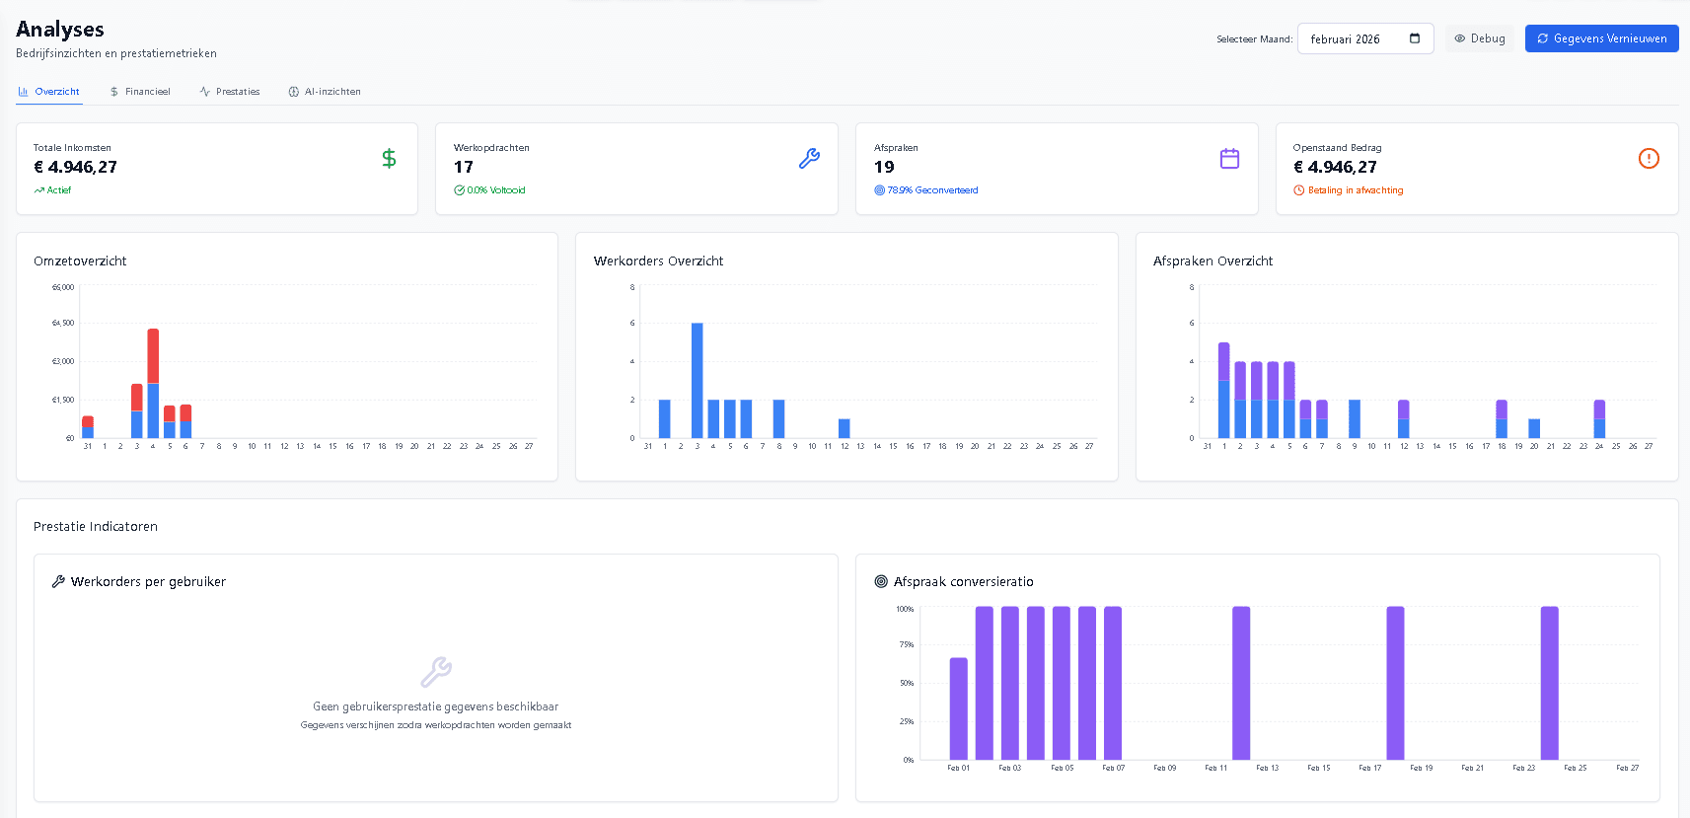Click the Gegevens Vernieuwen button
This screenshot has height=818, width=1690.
point(1601,38)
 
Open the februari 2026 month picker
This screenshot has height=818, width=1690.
point(1364,38)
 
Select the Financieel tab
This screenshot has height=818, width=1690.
point(140,92)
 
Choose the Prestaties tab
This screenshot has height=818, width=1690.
point(230,92)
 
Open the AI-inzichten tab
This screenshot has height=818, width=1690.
point(325,92)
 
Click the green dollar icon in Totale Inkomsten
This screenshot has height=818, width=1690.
point(389,158)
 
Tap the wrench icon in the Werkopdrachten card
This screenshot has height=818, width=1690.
point(809,158)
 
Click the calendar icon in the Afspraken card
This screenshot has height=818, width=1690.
point(1229,158)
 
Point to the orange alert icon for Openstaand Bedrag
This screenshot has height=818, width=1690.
point(1649,158)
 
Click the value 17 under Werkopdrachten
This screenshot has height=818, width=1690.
point(464,167)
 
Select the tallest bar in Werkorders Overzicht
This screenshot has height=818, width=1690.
point(698,380)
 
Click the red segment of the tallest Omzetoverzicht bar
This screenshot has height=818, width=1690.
point(153,355)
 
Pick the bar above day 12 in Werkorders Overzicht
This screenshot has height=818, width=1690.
point(845,428)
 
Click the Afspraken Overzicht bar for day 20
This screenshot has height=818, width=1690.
point(1534,428)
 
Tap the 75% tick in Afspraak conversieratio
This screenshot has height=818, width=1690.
point(906,644)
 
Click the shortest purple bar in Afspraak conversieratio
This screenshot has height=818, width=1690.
point(959,707)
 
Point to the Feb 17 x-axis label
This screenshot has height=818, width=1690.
point(1369,768)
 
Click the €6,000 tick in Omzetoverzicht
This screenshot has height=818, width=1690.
point(63,287)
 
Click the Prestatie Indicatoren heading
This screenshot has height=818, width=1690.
point(96,526)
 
